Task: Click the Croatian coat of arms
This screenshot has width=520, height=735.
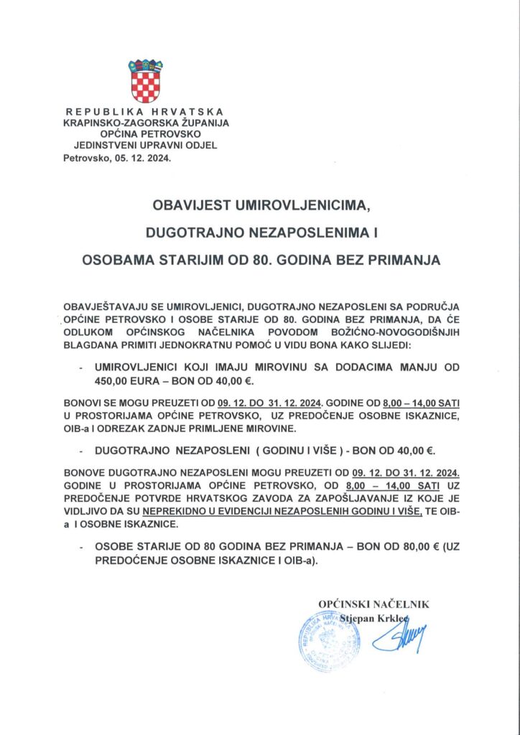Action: pos(145,81)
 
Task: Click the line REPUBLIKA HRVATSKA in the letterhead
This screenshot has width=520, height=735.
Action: pos(144,111)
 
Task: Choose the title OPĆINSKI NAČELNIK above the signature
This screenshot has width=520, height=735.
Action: pos(373,604)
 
